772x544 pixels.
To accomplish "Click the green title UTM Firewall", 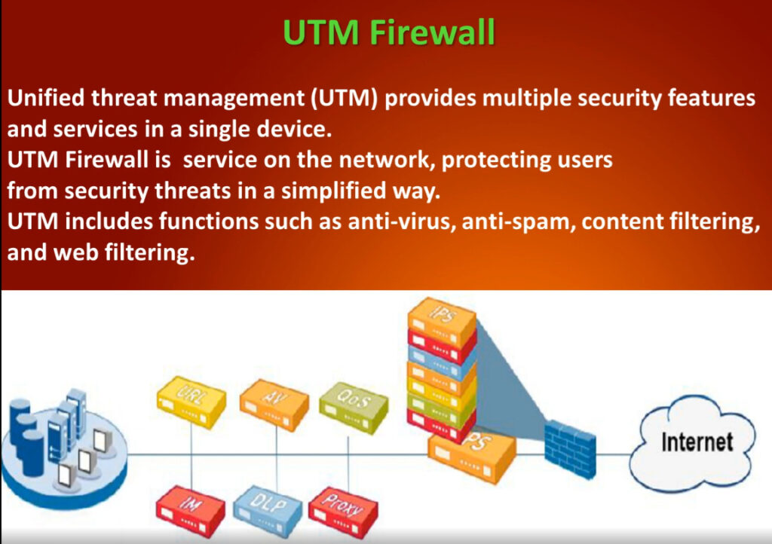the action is tap(389, 32).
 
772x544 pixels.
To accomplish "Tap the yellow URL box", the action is tap(191, 402).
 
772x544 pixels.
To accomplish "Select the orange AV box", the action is tap(274, 404).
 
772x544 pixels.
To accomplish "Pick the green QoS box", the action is tap(354, 408).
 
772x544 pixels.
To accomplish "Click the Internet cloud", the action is tap(693, 444).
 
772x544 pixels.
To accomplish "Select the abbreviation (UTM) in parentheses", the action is tap(344, 98).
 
